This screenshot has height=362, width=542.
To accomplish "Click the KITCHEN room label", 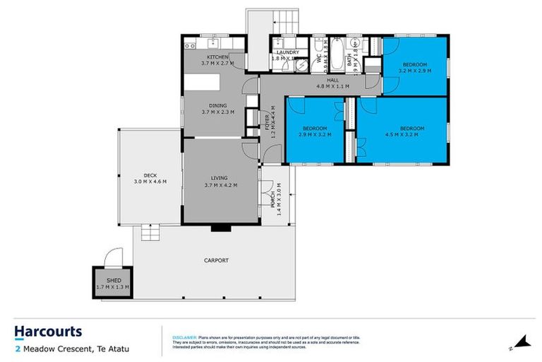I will [217, 57].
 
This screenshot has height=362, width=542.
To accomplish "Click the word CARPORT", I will [217, 260].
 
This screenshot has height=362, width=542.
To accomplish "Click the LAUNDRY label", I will [287, 52].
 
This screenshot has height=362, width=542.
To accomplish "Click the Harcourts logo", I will [48, 332].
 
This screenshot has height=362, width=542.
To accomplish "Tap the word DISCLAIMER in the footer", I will [185, 339].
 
